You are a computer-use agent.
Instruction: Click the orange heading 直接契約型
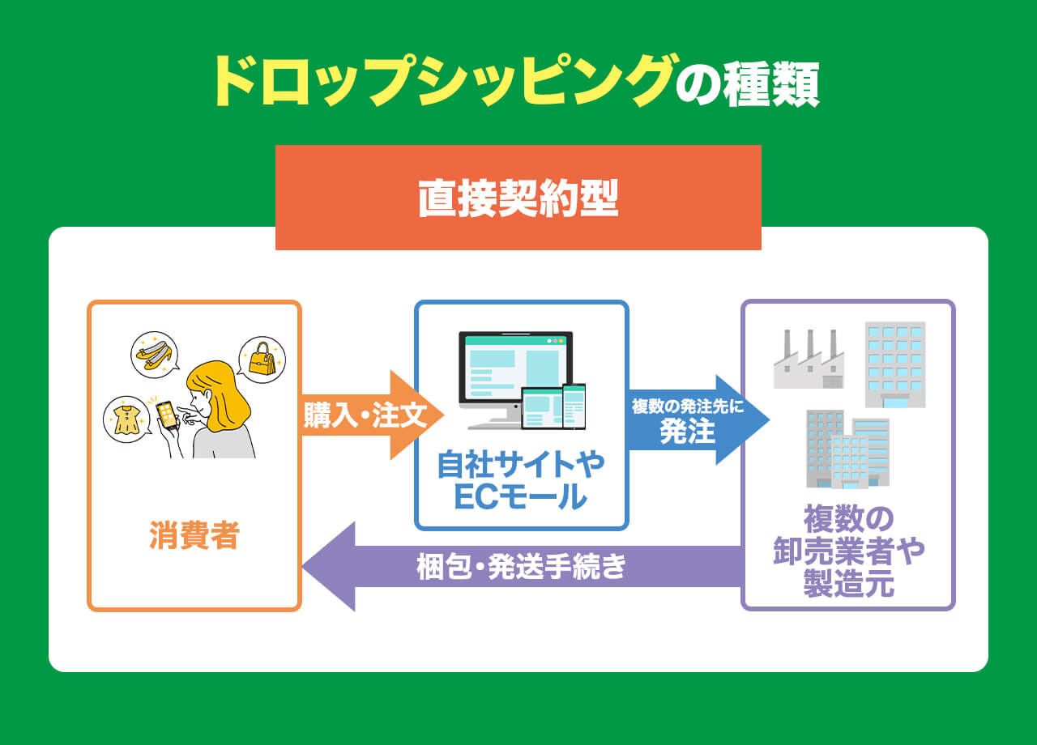[x=518, y=198]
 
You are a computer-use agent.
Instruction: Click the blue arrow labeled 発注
[x=695, y=420]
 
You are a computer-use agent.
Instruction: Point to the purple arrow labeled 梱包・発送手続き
[x=522, y=566]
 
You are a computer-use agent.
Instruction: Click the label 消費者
[x=194, y=535]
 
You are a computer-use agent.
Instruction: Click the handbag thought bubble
[x=262, y=360]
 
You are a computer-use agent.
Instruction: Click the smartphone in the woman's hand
[x=166, y=415]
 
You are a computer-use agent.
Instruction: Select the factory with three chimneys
[x=809, y=360]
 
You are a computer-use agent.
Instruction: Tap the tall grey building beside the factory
[x=894, y=364]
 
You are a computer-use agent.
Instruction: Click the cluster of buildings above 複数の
[x=847, y=449]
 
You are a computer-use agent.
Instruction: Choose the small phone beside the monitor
[x=574, y=407]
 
